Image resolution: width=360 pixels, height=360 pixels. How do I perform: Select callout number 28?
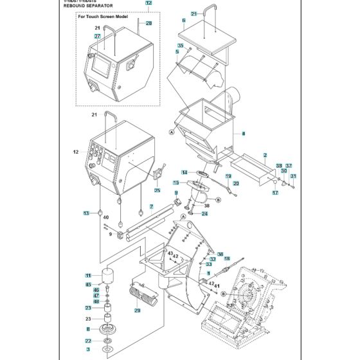pos(149,23)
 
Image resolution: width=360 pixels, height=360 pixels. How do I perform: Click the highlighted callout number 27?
pos(98,37)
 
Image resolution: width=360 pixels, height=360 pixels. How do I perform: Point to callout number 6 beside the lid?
pos(184,21)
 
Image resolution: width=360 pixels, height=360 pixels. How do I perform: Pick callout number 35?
pos(181,45)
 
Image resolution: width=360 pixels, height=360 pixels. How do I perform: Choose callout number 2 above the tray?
pos(265,155)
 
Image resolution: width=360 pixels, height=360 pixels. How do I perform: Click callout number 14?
pos(184,172)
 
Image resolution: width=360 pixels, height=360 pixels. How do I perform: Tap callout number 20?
pos(236,184)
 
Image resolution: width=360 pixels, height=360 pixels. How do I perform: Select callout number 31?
pos(294,176)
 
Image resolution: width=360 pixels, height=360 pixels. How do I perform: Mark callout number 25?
pos(157,190)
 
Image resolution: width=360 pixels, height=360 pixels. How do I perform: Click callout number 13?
pos(85,213)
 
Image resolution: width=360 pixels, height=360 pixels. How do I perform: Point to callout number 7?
pos(151,206)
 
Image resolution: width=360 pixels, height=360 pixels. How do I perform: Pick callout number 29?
pos(137,310)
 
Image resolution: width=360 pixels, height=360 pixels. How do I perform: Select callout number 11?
pos(88,275)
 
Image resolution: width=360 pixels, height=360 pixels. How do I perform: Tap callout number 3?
pos(88,349)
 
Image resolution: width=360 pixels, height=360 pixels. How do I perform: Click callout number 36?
pos(220,254)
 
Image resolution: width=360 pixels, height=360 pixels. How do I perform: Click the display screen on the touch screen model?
pos(102,64)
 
